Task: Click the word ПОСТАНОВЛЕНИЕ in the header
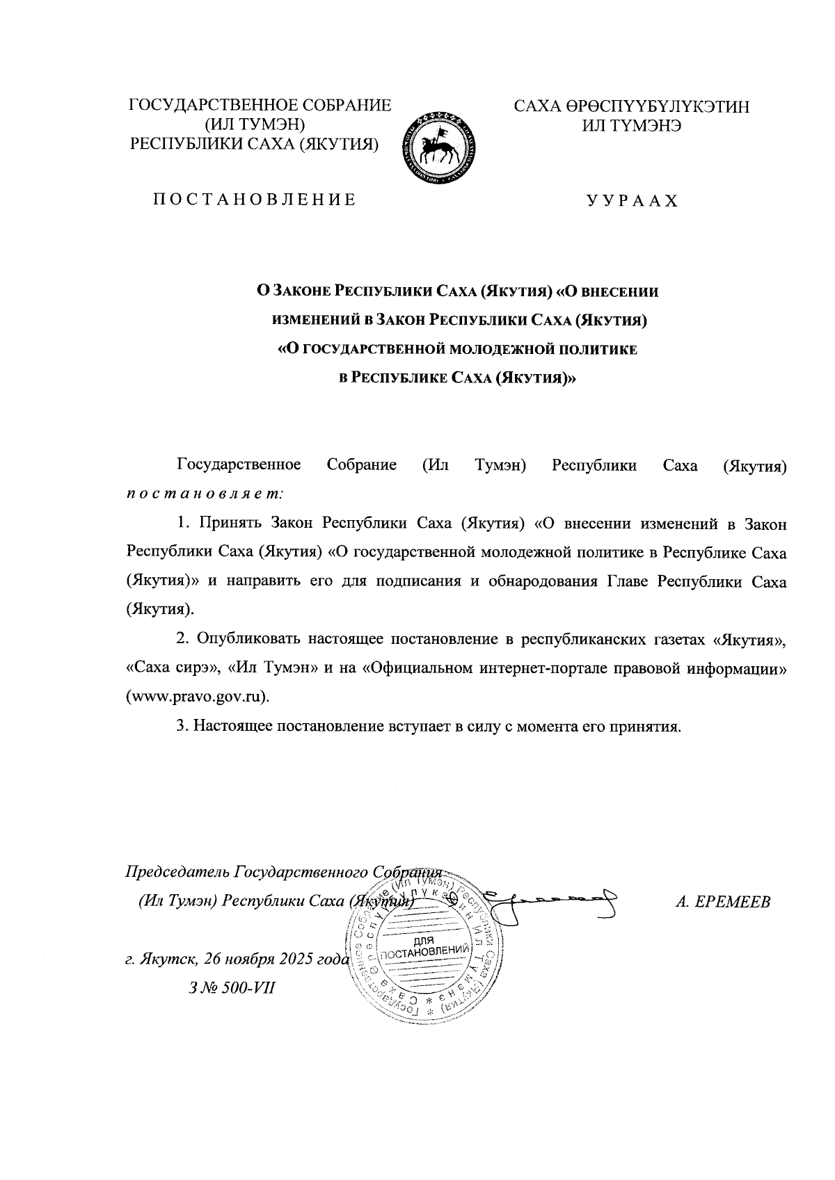point(254,200)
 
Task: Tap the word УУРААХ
point(631,202)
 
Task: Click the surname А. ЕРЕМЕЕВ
point(723,903)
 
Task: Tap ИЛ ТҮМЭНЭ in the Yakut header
point(631,126)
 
